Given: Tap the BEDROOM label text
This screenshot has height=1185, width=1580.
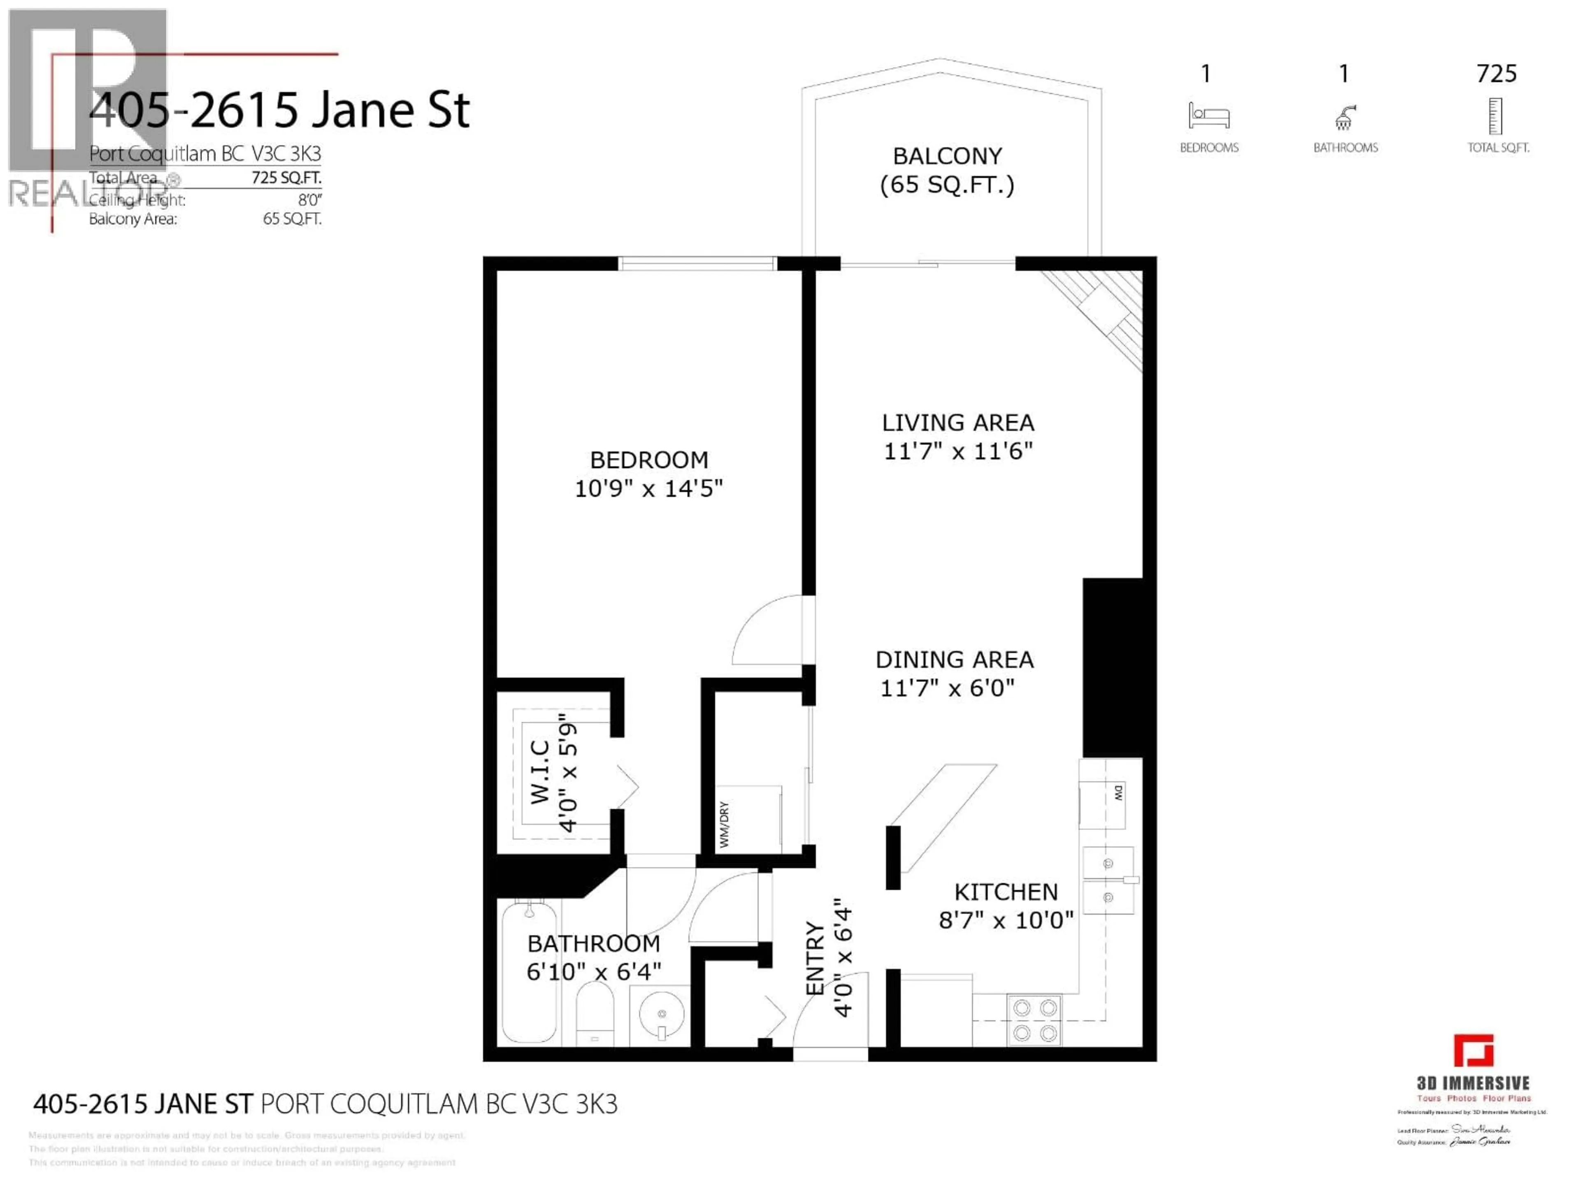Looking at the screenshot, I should tap(648, 460).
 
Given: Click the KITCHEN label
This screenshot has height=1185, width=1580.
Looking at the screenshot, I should tap(1006, 892).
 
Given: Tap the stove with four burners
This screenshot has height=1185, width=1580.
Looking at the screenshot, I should tap(1034, 1020).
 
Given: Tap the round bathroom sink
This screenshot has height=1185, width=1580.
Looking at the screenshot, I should tap(662, 1013).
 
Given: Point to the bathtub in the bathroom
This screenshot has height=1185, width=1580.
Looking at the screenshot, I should tap(529, 971).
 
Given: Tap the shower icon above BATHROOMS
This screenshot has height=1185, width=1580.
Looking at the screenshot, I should tap(1344, 117).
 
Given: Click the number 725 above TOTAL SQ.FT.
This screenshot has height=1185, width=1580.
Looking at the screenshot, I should tap(1496, 74).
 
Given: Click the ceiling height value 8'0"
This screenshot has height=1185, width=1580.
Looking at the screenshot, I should tap(310, 200).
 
